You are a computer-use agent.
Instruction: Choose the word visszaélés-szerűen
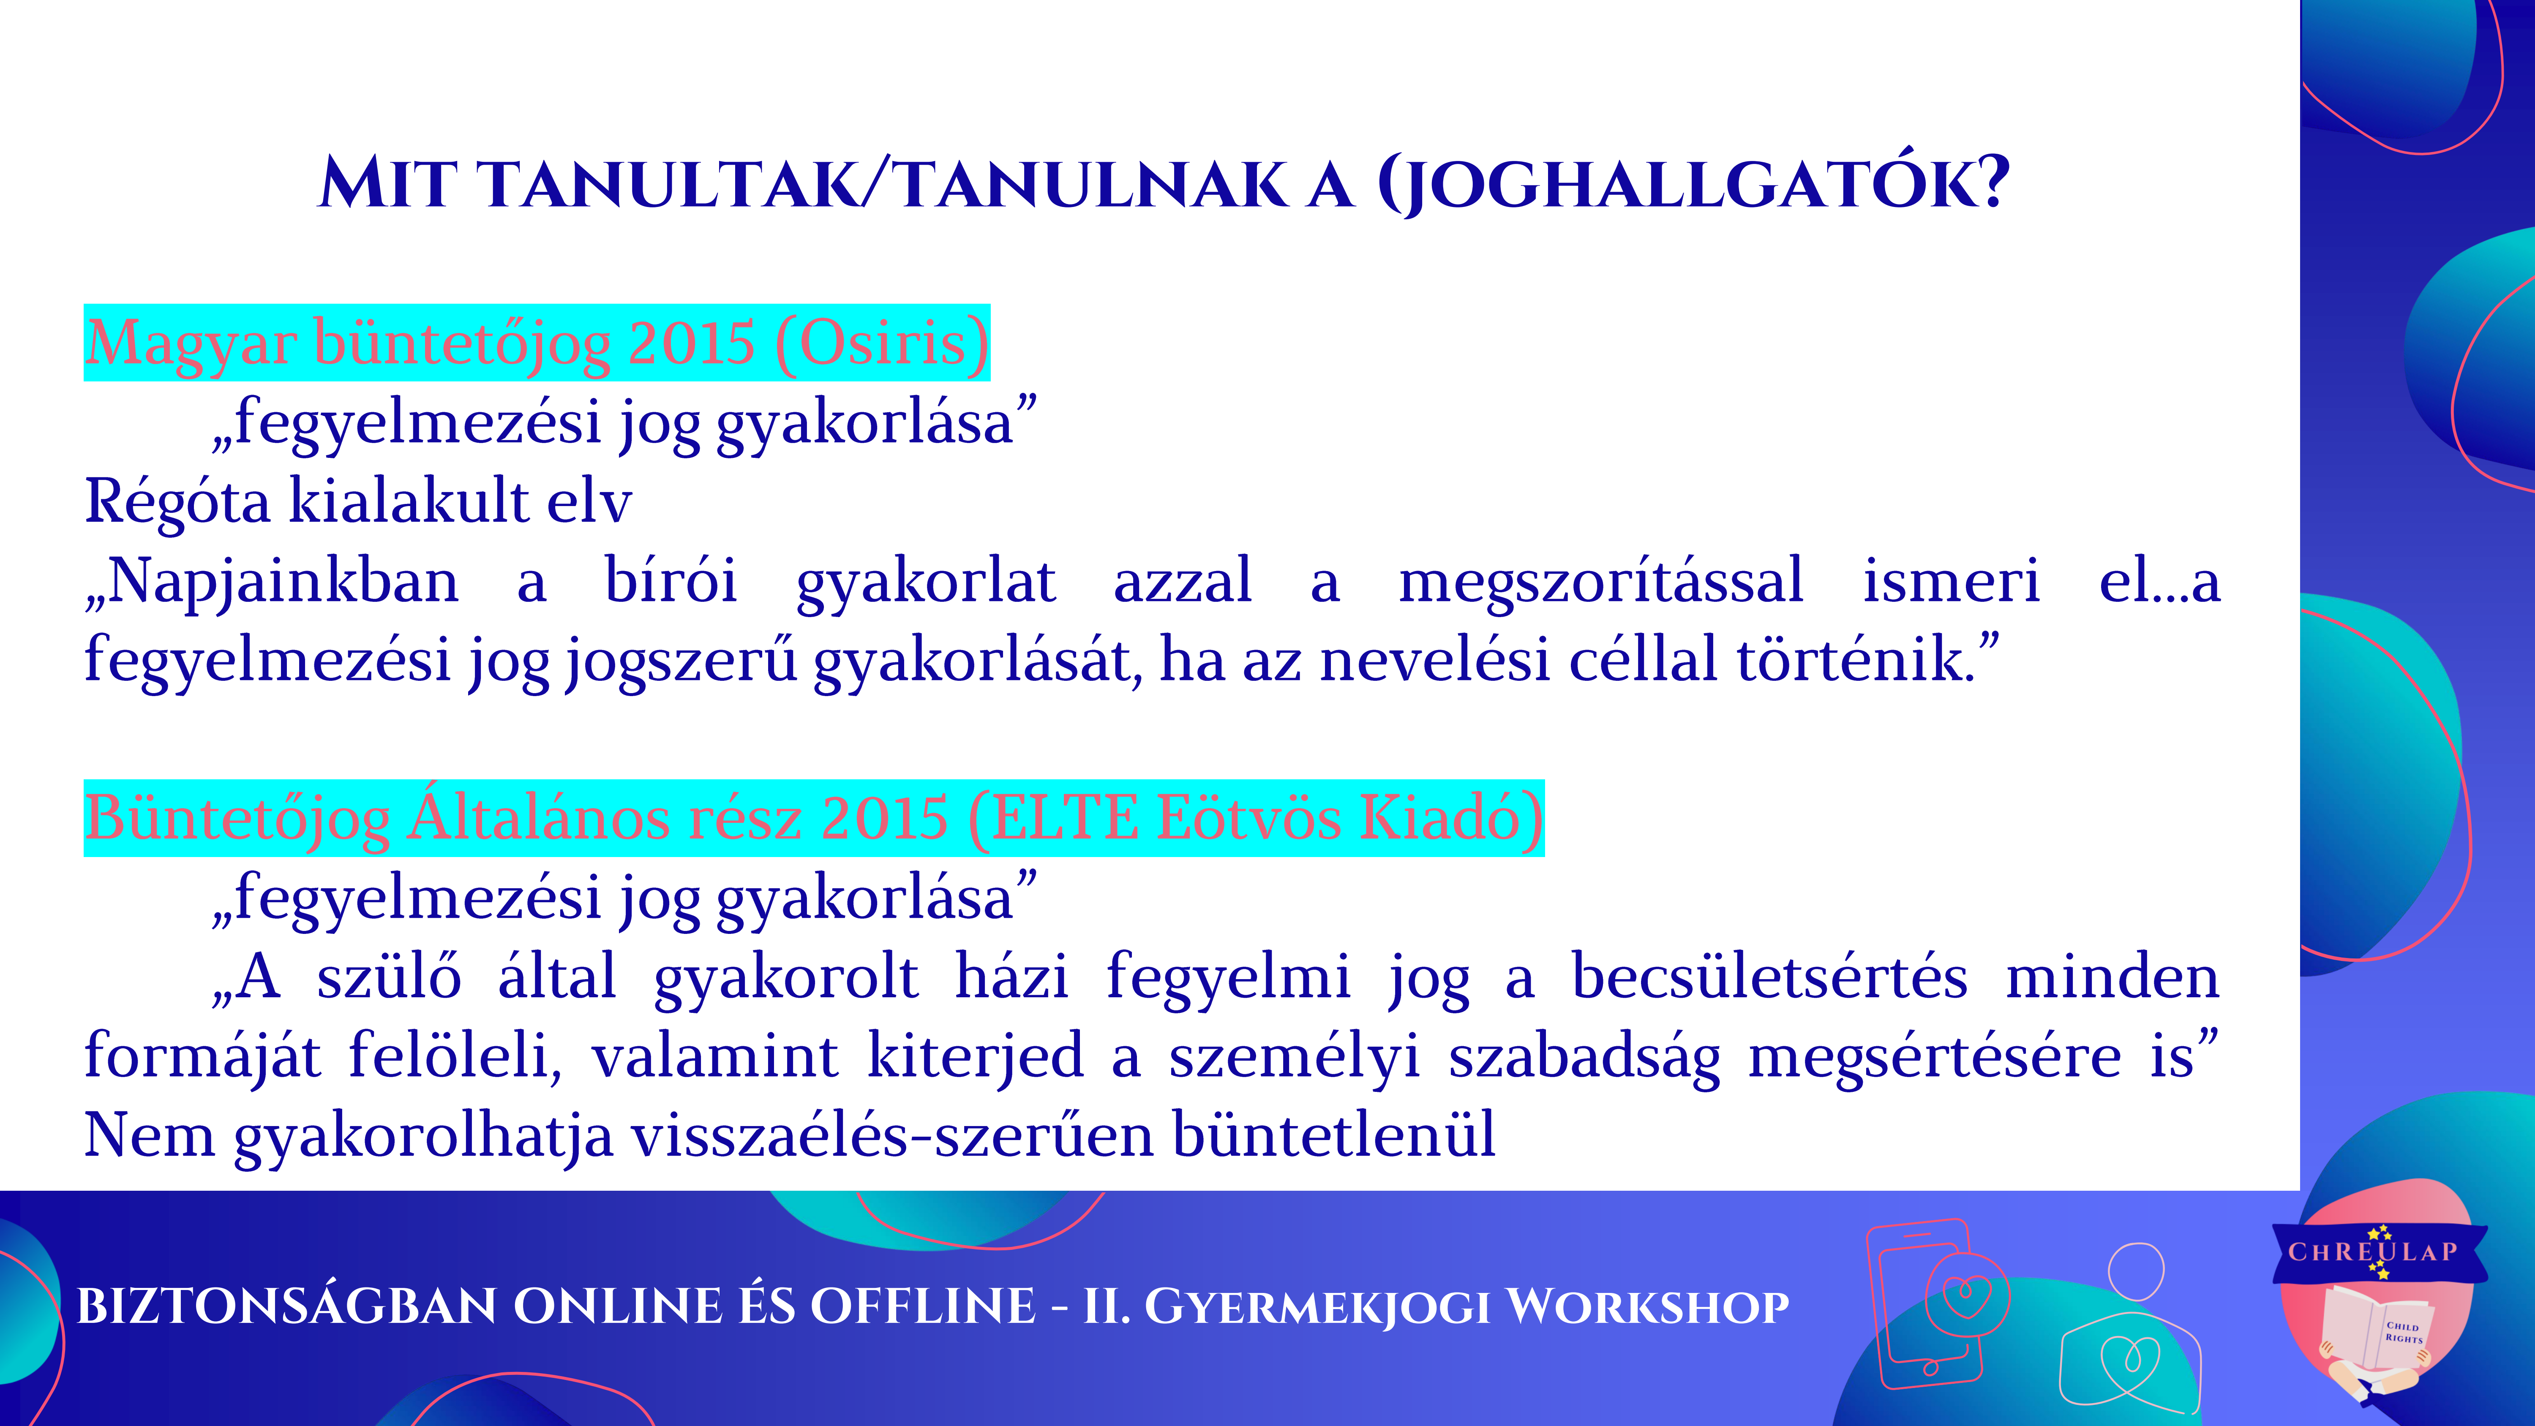(891, 1135)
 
